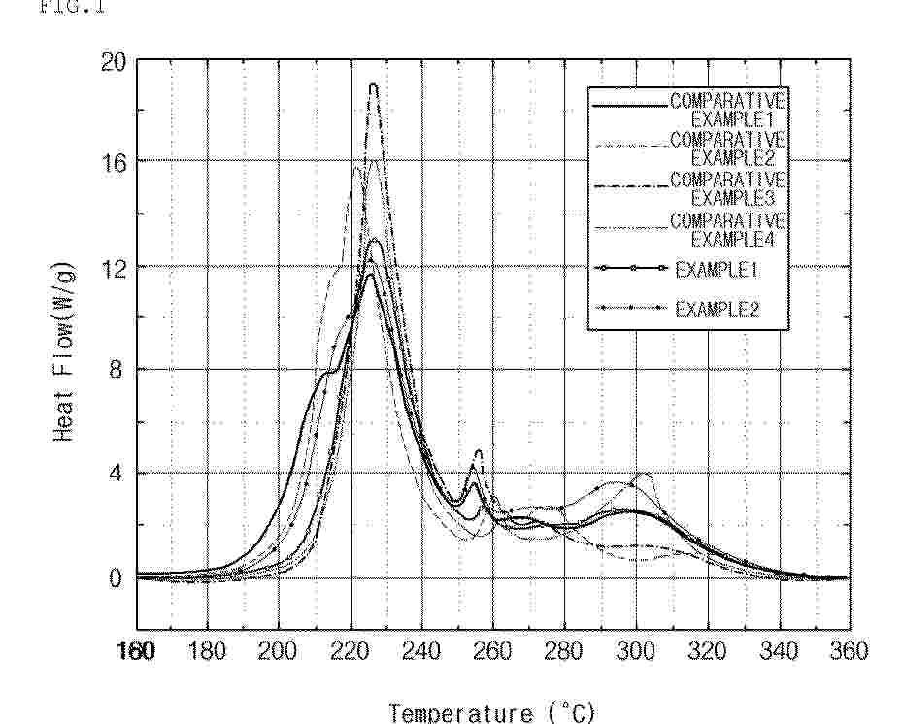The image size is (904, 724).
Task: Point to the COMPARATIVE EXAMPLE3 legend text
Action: [x=728, y=188]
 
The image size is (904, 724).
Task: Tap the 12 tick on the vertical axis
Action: [x=114, y=266]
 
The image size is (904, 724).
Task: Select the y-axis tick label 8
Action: [x=118, y=370]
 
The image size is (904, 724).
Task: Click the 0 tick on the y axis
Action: [x=118, y=578]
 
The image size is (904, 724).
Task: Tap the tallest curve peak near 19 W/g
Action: [x=373, y=86]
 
